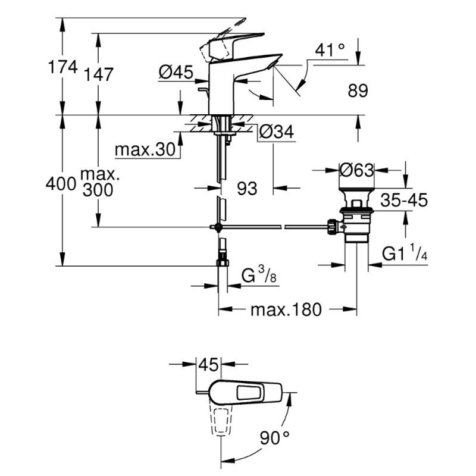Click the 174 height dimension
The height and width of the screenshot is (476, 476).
coord(62,67)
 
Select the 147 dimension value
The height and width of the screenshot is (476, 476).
coord(98,74)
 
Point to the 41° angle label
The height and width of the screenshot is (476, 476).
coord(330,50)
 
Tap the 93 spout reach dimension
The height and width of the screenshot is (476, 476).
coord(246,189)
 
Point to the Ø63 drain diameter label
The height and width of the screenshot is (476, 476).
coord(356,170)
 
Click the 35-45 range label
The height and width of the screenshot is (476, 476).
coord(405,201)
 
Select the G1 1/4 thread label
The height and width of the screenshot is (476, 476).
coord(405,254)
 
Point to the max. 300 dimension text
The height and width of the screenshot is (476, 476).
coord(98,183)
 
